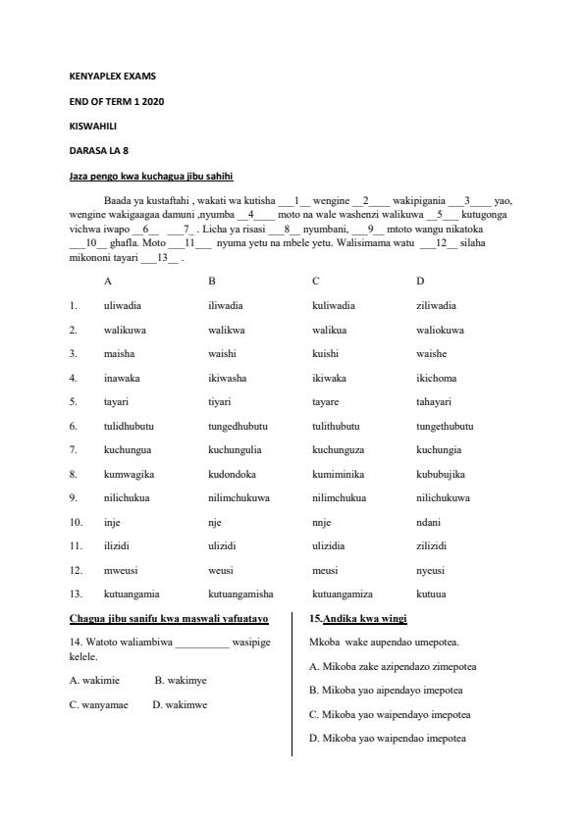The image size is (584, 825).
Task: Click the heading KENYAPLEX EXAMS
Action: tap(113, 76)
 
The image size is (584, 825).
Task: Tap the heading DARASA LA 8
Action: tap(99, 151)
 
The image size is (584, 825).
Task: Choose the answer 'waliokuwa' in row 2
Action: tap(441, 330)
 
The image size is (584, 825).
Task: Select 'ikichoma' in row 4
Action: tap(437, 378)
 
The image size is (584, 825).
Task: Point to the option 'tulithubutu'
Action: tap(336, 426)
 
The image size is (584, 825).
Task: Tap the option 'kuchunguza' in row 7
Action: tap(339, 449)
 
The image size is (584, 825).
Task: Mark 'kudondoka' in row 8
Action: tap(231, 474)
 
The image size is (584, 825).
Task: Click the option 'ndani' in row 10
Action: tap(428, 522)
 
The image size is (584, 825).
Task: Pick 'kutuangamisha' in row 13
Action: tap(240, 593)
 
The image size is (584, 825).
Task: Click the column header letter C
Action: tap(316, 282)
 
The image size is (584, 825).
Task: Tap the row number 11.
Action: tap(75, 545)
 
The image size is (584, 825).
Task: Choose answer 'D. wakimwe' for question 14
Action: tap(180, 704)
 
